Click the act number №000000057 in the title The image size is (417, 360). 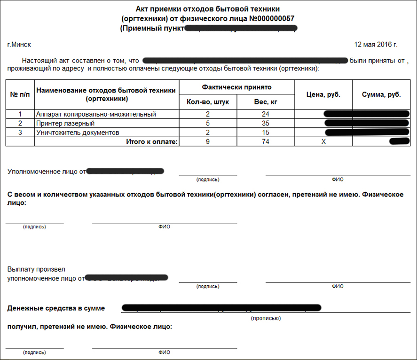[x=267, y=18]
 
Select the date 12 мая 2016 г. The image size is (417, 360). [x=375, y=45]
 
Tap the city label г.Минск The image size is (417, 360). [x=19, y=45]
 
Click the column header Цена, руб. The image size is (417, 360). [x=323, y=94]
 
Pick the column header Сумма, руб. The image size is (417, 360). [x=381, y=94]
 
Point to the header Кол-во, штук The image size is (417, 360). [x=207, y=102]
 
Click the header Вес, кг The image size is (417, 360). [x=266, y=102]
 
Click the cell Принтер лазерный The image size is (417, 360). [x=65, y=124]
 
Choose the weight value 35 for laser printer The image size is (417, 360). [x=266, y=124]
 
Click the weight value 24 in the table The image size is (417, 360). [x=266, y=114]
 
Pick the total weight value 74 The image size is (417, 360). [x=266, y=141]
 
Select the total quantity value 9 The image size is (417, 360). [x=207, y=141]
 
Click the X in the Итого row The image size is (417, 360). [x=323, y=141]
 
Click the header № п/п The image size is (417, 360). [x=20, y=94]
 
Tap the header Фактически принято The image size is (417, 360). [x=236, y=87]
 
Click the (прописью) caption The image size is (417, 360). [x=266, y=318]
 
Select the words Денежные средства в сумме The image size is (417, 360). [x=56, y=308]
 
